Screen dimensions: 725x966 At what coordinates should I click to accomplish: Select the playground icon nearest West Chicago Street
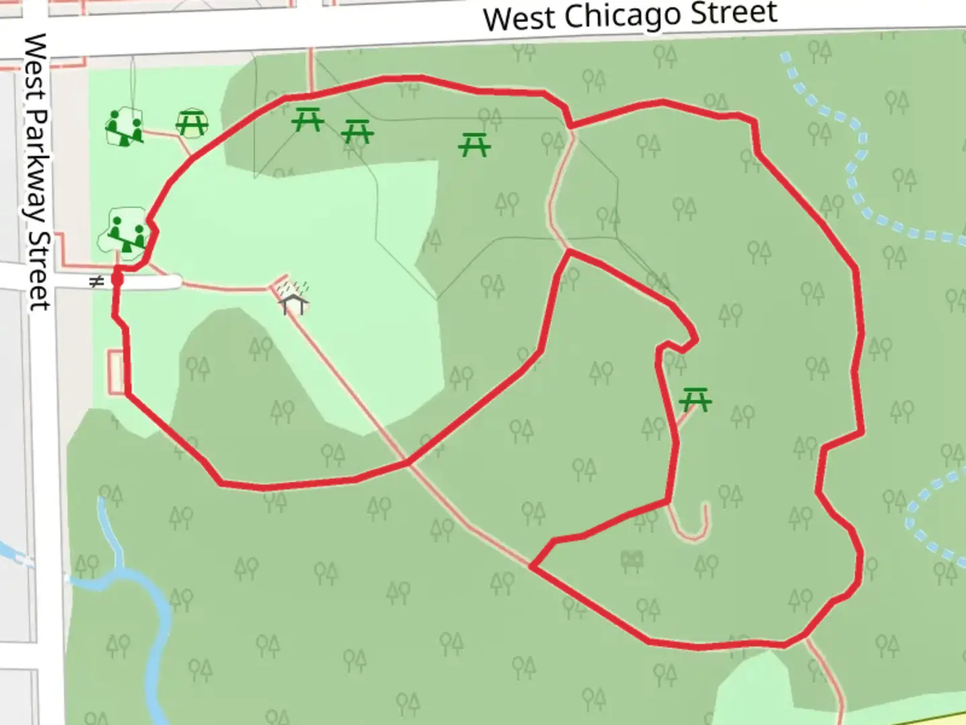125,127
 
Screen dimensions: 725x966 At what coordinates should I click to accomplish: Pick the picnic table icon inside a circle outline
192,122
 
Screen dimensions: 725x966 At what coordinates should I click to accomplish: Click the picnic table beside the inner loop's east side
695,400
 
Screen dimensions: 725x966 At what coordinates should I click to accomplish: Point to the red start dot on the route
117,277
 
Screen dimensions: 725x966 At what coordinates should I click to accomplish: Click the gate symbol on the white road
97,282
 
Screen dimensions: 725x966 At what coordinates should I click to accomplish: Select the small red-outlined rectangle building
117,372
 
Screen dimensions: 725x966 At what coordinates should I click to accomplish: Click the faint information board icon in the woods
632,560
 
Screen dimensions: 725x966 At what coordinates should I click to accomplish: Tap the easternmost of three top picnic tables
474,144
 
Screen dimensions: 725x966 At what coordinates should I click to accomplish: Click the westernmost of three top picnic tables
308,119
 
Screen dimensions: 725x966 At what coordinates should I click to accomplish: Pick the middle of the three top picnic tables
357,132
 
